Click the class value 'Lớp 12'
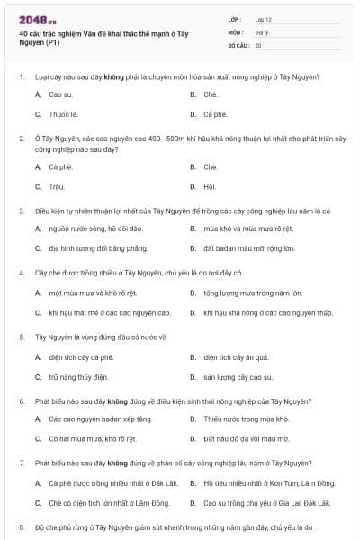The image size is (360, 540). point(264,18)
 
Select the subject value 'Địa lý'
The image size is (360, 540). point(262,31)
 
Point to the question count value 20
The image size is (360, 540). point(258,44)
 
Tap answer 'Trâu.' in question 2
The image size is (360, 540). point(58,186)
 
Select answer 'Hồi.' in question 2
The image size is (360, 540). point(210,186)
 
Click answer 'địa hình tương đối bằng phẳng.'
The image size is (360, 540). point(99,247)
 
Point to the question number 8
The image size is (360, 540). point(21,526)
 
